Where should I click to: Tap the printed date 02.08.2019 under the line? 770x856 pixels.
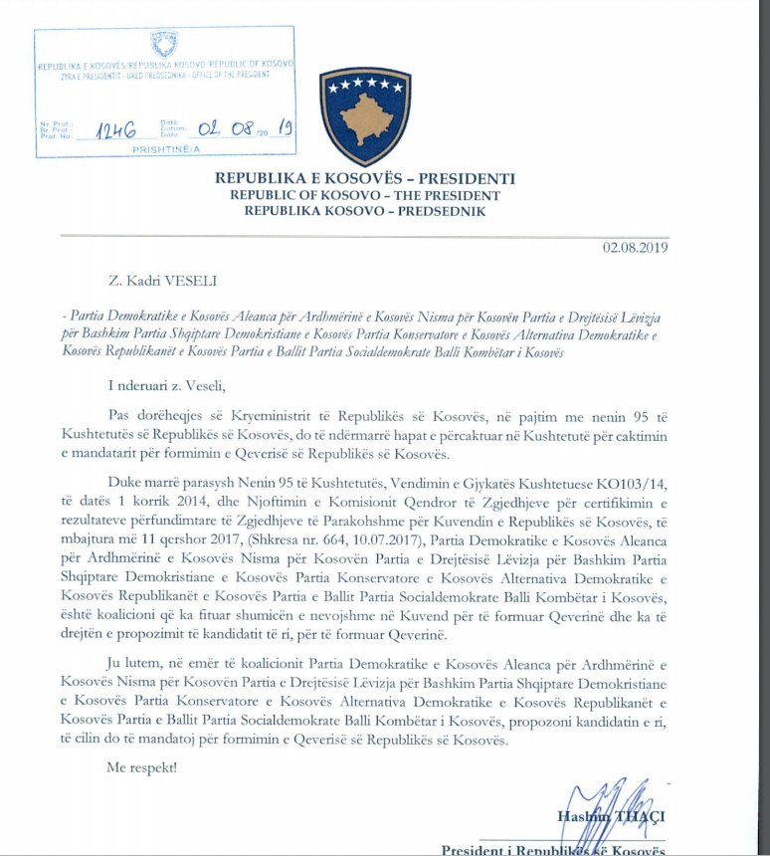(634, 247)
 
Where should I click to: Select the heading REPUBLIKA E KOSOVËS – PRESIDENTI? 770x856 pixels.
(365, 179)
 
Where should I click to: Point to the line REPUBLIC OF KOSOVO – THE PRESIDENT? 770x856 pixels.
(365, 195)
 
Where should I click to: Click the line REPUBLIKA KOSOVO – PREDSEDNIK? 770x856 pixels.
(365, 211)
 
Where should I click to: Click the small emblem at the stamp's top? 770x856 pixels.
(164, 43)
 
